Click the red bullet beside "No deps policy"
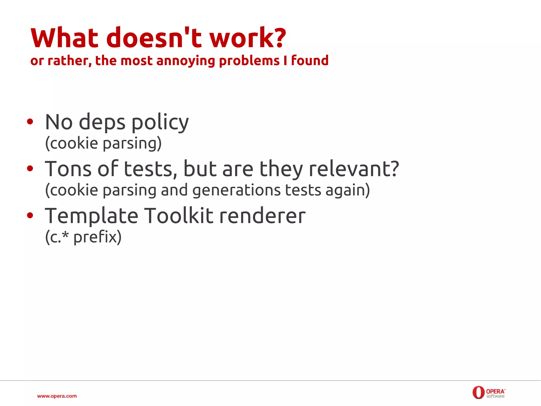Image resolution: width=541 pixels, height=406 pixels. (x=30, y=122)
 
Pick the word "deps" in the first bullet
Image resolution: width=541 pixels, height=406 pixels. (x=102, y=122)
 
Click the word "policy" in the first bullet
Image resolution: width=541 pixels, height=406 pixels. (x=160, y=122)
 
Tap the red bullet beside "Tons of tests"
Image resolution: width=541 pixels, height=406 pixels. (x=30, y=168)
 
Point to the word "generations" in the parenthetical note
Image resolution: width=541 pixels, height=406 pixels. (x=236, y=190)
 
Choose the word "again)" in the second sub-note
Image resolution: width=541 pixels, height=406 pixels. (x=348, y=190)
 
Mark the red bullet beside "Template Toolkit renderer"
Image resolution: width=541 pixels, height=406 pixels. (x=30, y=215)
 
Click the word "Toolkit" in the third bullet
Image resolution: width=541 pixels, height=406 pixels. (x=179, y=216)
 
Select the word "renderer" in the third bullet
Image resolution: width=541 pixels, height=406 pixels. (x=262, y=216)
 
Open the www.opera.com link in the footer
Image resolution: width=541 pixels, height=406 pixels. (x=57, y=396)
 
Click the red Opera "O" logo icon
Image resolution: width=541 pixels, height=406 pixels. (x=478, y=392)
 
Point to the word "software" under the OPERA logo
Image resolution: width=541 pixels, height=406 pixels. (x=495, y=396)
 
